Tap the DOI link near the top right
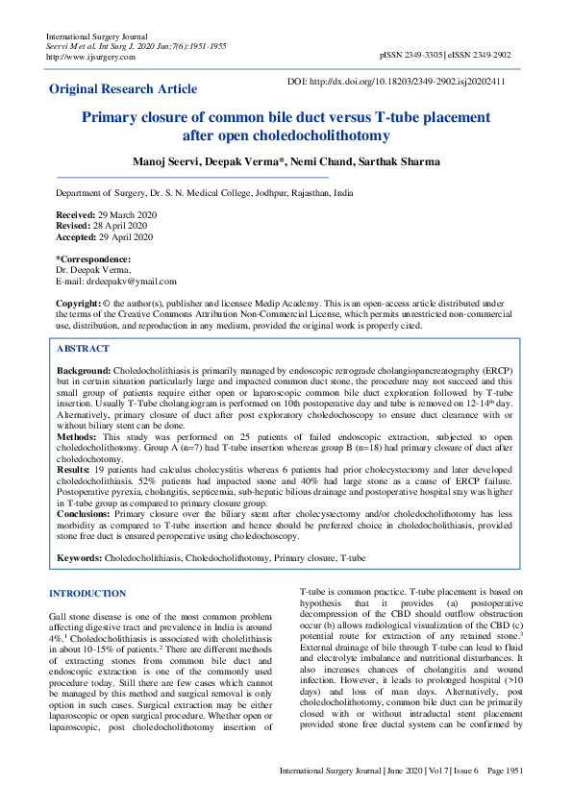click(396, 82)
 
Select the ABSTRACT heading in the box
click(84, 349)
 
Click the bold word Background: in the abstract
click(84, 370)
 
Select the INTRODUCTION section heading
click(87, 594)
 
